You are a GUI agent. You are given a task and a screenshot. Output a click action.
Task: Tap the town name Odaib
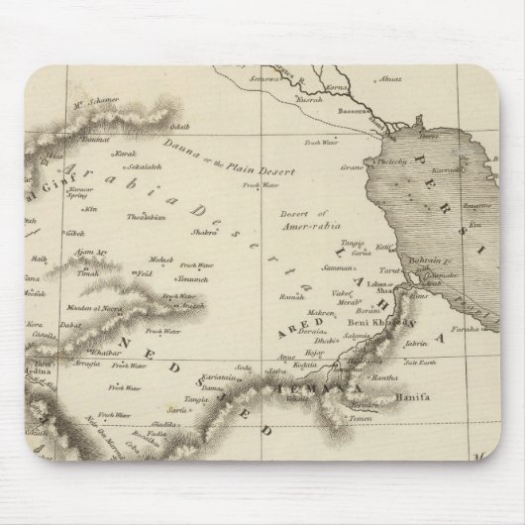[179, 154]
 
